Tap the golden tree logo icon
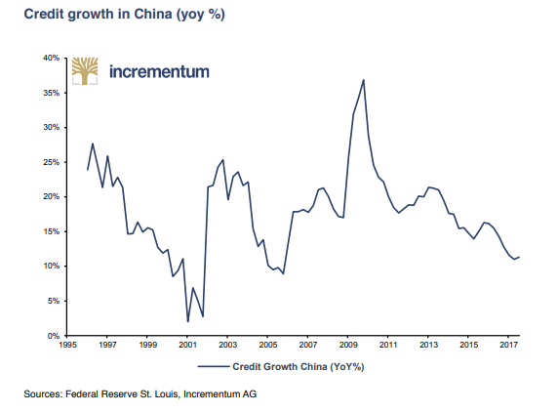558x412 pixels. point(85,72)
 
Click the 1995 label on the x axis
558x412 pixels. point(67,345)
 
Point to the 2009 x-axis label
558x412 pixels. point(348,345)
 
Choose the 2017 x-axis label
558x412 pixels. point(508,345)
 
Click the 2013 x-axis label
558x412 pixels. point(428,345)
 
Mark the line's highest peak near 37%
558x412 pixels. point(363,80)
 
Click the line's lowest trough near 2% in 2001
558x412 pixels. point(187,321)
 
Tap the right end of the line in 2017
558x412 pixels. point(520,257)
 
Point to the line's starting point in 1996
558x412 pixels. point(88,170)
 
